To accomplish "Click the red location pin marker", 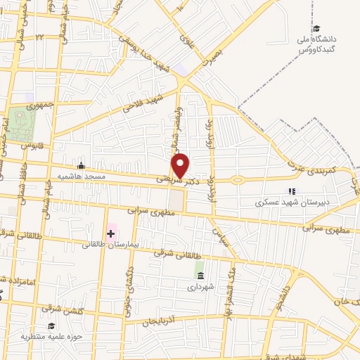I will click(181, 166).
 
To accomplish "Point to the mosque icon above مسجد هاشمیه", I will click(81, 166).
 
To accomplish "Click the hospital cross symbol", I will click(110, 233).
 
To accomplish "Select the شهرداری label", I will click(200, 285).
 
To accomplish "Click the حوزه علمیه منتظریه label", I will click(51, 337).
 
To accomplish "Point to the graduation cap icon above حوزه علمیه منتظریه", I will click(51, 326).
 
